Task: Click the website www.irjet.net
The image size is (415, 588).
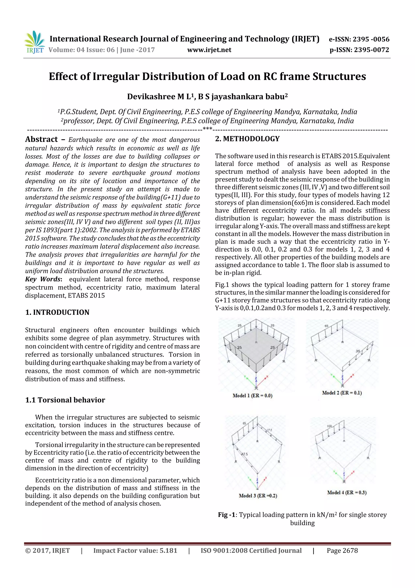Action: point(209,50)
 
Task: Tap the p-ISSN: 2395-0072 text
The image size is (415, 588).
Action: point(359,50)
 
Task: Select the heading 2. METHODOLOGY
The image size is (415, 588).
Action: point(247,139)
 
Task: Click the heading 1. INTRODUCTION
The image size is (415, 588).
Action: point(57,312)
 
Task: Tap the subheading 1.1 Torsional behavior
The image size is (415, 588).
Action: point(65,400)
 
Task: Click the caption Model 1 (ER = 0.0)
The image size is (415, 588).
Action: point(252,395)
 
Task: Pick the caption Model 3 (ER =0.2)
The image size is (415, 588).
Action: point(258,496)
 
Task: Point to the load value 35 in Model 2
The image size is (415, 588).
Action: point(358,351)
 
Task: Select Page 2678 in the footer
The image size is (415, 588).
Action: point(342,550)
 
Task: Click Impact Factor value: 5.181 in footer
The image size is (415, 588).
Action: point(135,550)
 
